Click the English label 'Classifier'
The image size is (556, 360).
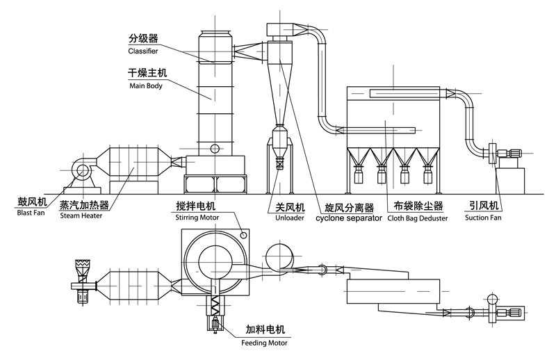click(143, 51)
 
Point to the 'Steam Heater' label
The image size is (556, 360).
click(81, 215)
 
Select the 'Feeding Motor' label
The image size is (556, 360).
click(263, 342)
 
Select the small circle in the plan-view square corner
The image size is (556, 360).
click(244, 235)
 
